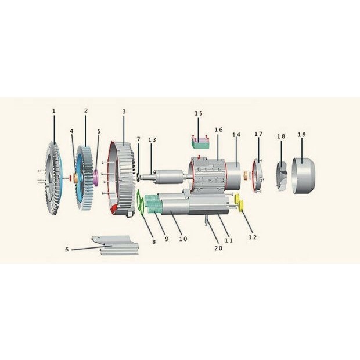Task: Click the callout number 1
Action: [x=54, y=111]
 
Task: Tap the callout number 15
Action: [x=199, y=113]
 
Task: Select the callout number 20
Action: [x=218, y=248]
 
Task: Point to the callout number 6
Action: [x=67, y=249]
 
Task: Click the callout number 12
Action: [x=253, y=237]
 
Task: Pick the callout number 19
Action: [x=302, y=135]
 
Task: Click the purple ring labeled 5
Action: [x=96, y=178]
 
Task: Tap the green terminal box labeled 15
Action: [x=200, y=143]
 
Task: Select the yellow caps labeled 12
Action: [x=239, y=202]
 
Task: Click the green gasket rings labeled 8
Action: [x=141, y=202]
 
